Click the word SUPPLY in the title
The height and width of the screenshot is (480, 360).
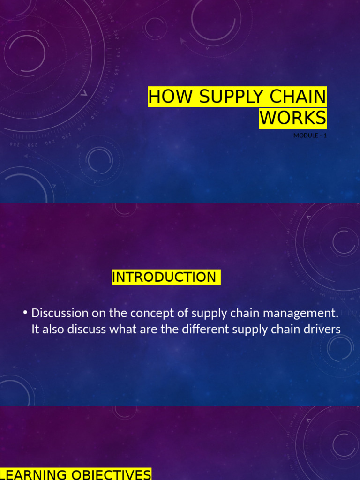(x=224, y=97)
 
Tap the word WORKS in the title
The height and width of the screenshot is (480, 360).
(x=293, y=118)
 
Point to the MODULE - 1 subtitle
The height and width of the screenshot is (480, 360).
(x=310, y=135)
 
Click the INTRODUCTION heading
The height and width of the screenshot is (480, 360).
(x=164, y=277)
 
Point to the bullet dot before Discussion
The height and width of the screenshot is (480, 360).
(x=25, y=313)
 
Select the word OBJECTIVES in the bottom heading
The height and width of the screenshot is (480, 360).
(x=112, y=474)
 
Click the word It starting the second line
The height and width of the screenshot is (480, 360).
(x=35, y=329)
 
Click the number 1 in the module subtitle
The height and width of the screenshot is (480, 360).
(x=325, y=135)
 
